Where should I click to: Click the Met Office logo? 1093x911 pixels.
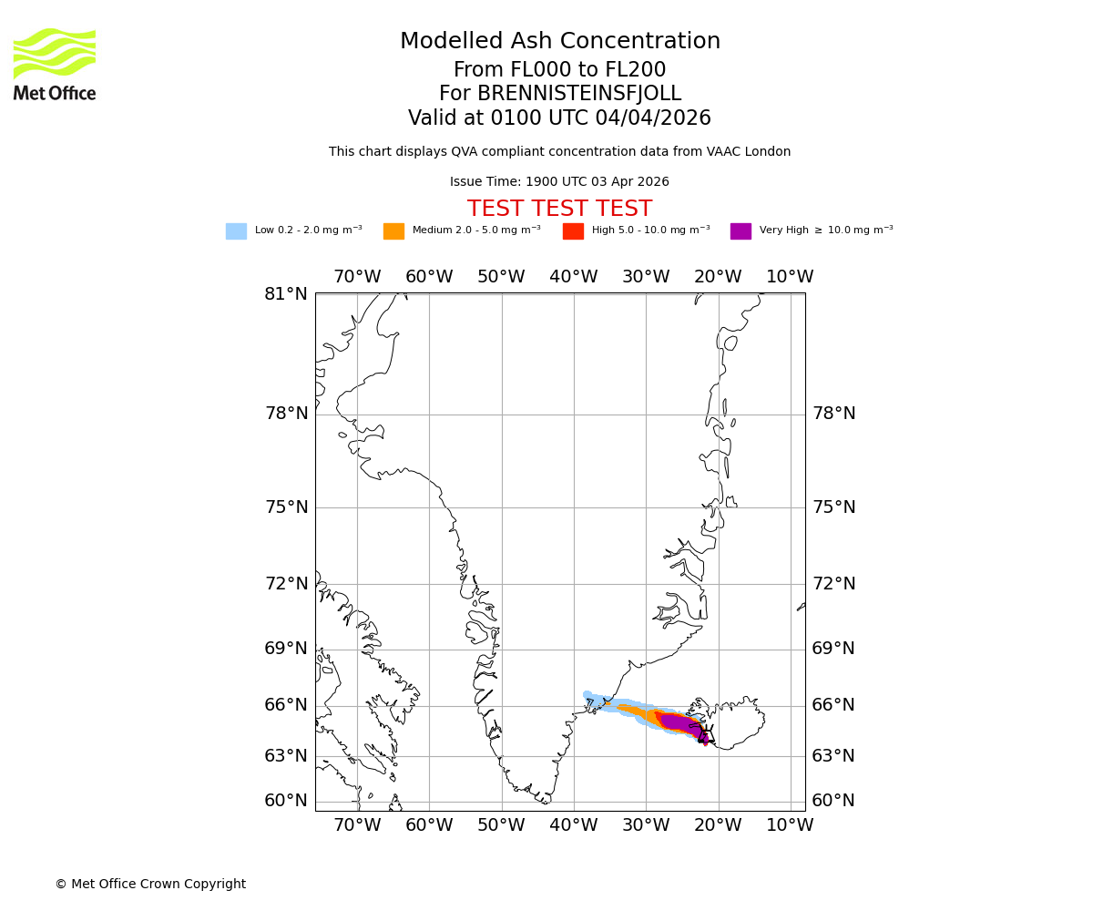55,64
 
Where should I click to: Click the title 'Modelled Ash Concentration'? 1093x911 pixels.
559,42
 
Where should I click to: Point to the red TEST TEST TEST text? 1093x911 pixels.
559,210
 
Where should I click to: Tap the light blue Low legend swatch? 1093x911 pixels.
236,231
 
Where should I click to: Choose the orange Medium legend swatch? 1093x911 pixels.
393,231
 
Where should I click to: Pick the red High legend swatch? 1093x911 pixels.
573,231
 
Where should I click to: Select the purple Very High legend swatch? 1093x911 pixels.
741,231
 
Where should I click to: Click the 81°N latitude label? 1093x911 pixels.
286,294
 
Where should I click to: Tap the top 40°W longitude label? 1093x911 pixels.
573,277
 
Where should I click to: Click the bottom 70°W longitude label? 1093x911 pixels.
357,825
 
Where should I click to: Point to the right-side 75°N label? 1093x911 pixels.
833,507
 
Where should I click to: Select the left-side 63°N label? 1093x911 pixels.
286,756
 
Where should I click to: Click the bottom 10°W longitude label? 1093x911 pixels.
790,825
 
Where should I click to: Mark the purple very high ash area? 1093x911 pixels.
679,723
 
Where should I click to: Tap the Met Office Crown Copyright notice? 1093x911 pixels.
150,884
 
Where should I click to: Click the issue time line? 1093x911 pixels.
559,182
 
